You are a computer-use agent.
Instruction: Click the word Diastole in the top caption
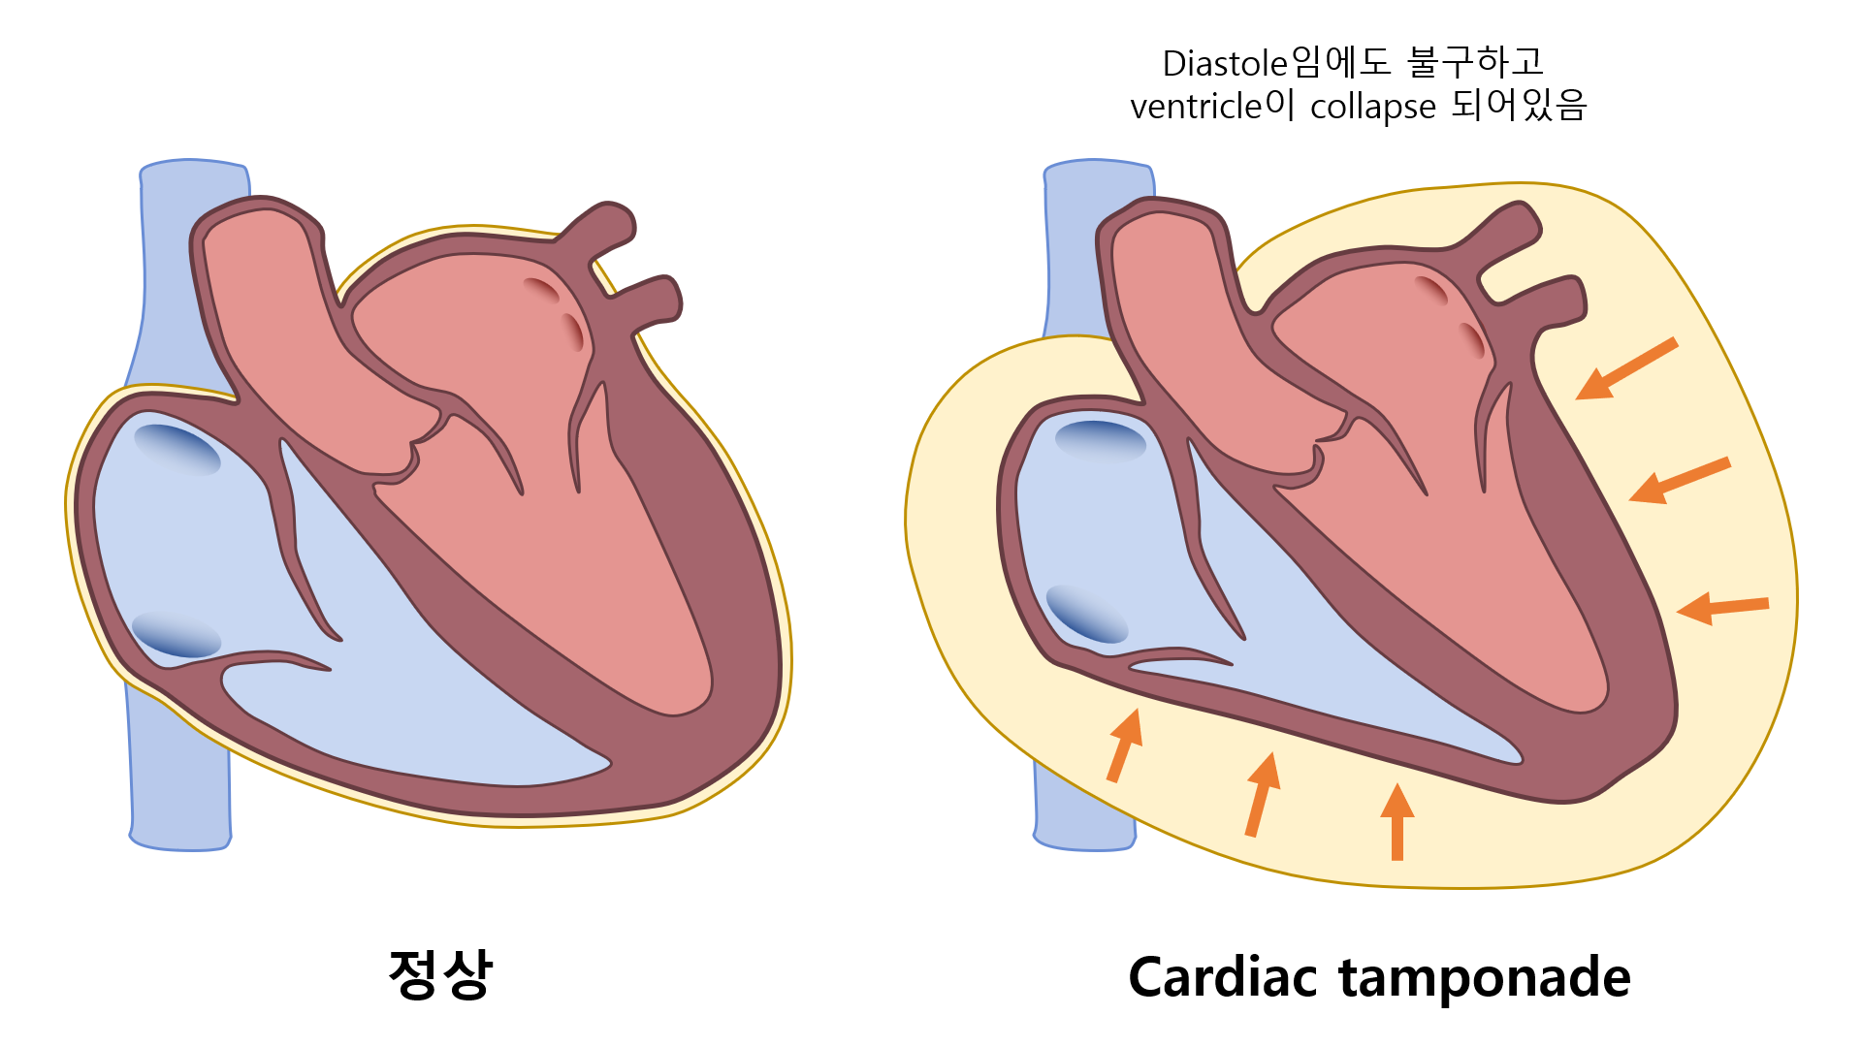point(1225,64)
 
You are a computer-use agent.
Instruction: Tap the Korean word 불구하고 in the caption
point(1475,62)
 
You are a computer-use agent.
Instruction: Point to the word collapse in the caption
point(1372,107)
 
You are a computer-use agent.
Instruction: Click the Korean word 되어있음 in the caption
point(1519,105)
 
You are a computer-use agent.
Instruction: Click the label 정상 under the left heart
point(441,974)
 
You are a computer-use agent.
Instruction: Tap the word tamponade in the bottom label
point(1485,977)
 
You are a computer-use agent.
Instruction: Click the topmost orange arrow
point(1625,369)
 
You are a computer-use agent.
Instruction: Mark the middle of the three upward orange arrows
point(1262,794)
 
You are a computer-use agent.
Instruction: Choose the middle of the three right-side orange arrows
point(1679,480)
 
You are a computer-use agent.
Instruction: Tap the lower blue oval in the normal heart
point(177,635)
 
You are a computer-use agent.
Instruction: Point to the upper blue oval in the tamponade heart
point(1101,441)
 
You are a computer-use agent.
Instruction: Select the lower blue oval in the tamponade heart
point(1087,615)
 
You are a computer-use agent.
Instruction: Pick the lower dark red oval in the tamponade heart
point(1472,340)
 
